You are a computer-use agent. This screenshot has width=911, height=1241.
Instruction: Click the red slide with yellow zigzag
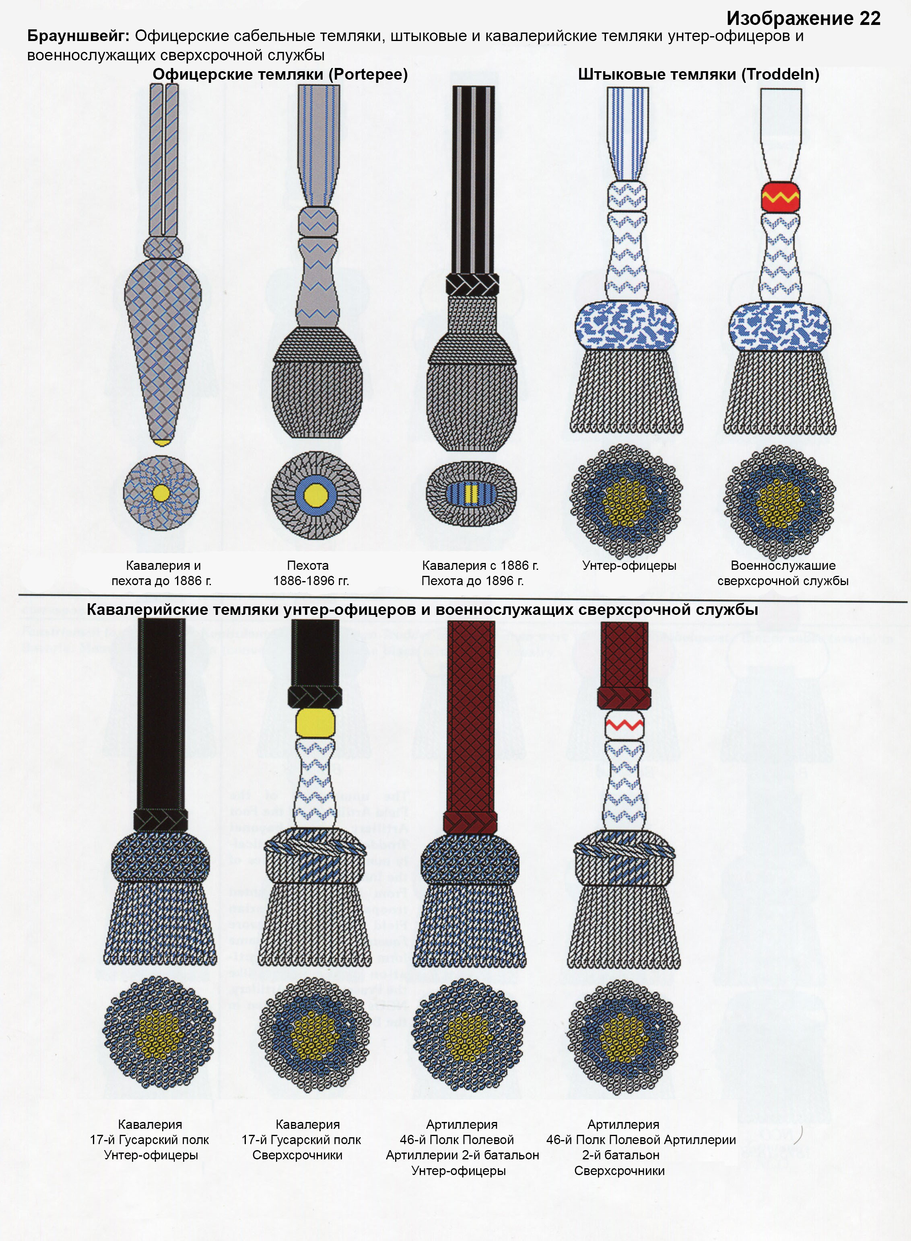pyautogui.click(x=780, y=195)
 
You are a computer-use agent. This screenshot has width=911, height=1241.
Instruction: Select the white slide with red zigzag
pyautogui.click(x=624, y=725)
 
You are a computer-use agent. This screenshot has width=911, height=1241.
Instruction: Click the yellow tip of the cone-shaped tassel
pyautogui.click(x=162, y=442)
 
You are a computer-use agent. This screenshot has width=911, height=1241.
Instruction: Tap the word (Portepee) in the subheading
pyautogui.click(x=368, y=74)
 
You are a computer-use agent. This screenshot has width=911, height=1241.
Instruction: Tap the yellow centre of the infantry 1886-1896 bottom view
pyautogui.click(x=315, y=493)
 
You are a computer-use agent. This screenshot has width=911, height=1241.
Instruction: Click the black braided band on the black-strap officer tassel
pyautogui.click(x=472, y=284)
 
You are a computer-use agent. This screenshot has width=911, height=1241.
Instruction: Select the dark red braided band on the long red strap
pyautogui.click(x=470, y=822)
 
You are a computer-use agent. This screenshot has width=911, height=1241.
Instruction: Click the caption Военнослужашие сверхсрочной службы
pyautogui.click(x=783, y=573)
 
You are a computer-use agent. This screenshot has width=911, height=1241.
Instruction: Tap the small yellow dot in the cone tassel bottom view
pyautogui.click(x=161, y=493)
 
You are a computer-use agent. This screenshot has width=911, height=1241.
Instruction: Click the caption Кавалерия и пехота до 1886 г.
pyautogui.click(x=162, y=573)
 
